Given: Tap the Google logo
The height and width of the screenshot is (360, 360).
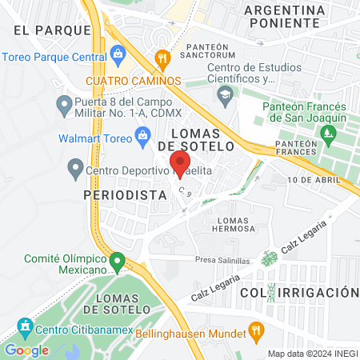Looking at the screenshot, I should coord(26,350).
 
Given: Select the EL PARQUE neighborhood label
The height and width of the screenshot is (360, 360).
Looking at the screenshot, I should coord(52,30).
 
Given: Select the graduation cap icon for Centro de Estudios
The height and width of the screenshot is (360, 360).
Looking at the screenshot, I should coord(224,95).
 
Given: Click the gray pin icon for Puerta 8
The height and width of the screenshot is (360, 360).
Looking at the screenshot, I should coord(62,103).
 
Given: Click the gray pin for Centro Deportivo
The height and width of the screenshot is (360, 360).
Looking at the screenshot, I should coord(75,169).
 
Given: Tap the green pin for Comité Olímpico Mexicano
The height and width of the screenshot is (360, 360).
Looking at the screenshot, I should coord(118,261).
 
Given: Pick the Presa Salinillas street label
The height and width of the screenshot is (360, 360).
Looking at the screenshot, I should coord(223,260).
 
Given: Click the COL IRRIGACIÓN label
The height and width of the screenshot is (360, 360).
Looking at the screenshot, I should coord(298,293).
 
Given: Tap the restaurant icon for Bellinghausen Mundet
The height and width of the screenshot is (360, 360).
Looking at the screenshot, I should coord(256,330).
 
